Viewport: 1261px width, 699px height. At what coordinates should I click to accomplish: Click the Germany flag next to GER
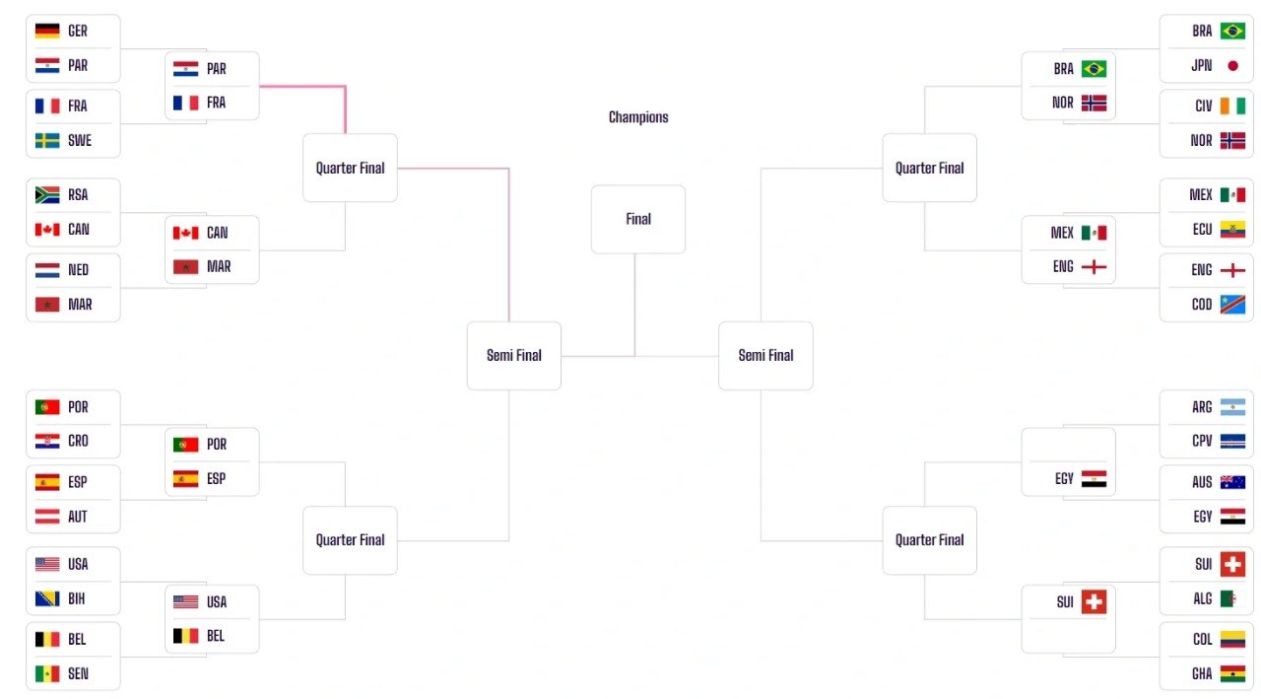tap(47, 31)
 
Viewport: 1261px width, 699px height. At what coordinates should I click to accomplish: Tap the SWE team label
tap(80, 140)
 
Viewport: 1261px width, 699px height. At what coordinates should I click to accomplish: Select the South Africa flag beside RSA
tap(47, 195)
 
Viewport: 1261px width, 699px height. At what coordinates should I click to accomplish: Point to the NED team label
tap(78, 270)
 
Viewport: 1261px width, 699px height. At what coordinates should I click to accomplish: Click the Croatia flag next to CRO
tap(47, 441)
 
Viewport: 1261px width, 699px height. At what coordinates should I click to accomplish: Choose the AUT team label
tap(78, 517)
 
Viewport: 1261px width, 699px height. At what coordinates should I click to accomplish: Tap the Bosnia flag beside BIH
tap(47, 598)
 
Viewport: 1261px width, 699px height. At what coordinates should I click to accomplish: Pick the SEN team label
tap(78, 673)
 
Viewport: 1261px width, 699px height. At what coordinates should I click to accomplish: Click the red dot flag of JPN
tap(1232, 66)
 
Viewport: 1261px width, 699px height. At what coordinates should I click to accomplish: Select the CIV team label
tap(1204, 105)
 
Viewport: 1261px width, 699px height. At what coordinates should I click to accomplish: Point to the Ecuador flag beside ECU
tap(1232, 230)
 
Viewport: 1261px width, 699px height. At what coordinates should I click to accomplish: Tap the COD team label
tap(1202, 305)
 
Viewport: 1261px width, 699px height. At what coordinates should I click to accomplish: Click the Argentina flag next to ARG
tap(1232, 407)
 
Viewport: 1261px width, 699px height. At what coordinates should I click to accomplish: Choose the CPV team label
tap(1202, 441)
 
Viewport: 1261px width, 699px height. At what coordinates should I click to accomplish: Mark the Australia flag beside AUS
tap(1232, 482)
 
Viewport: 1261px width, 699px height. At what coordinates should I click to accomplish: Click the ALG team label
tap(1203, 598)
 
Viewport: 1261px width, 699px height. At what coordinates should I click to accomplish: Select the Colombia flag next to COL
tap(1232, 639)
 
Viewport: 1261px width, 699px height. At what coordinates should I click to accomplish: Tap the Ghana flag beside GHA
tap(1232, 673)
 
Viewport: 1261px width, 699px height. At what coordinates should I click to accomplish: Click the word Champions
tap(638, 117)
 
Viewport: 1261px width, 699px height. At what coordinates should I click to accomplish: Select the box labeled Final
tap(638, 219)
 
